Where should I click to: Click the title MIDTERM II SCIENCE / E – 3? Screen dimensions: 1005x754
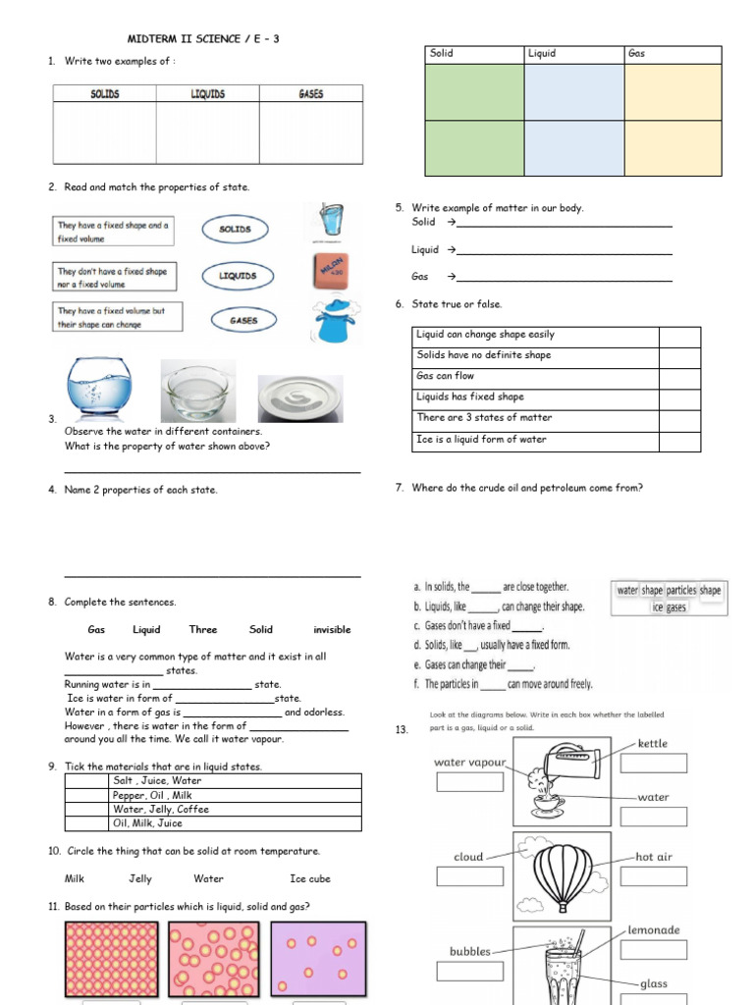(x=209, y=39)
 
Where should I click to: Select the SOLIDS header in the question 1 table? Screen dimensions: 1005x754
(x=104, y=94)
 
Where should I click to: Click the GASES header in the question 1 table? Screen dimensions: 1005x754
(x=310, y=94)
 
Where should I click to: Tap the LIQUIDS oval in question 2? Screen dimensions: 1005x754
(x=238, y=276)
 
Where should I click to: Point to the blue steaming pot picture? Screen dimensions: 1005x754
(x=332, y=320)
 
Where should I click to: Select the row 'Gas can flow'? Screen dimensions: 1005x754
(x=536, y=376)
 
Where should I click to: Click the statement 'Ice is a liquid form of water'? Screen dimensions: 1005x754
(x=536, y=440)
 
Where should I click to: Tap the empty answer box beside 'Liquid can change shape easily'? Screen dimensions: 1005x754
(x=679, y=335)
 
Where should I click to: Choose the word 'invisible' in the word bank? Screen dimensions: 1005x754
(x=332, y=630)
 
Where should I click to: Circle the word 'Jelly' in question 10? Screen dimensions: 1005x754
(x=140, y=879)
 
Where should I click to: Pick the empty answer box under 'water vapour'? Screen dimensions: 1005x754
(x=469, y=782)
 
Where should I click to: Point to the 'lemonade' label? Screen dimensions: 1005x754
(x=654, y=929)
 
